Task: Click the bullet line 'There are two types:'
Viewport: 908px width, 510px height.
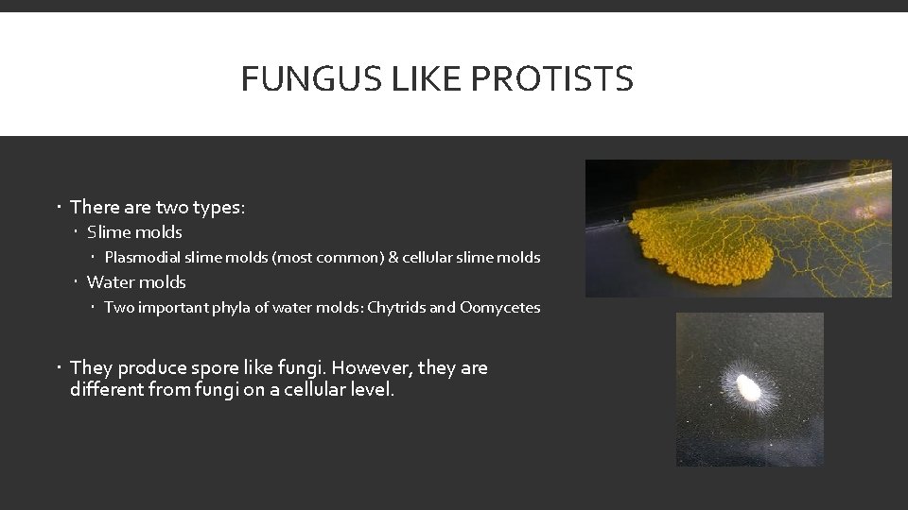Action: coord(157,207)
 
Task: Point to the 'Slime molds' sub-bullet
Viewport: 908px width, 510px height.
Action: coord(134,232)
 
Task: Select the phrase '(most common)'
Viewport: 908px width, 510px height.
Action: coord(327,257)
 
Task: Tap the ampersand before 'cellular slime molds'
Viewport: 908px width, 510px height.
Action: coord(393,257)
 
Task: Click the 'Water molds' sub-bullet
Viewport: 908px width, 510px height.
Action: coord(136,282)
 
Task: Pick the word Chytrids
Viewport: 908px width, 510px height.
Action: coord(396,308)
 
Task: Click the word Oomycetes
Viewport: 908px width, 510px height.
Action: coord(499,308)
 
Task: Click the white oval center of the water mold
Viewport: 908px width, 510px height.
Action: coord(750,387)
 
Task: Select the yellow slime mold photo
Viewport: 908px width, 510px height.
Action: coord(738,229)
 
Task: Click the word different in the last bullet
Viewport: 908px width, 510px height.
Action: coord(105,389)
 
